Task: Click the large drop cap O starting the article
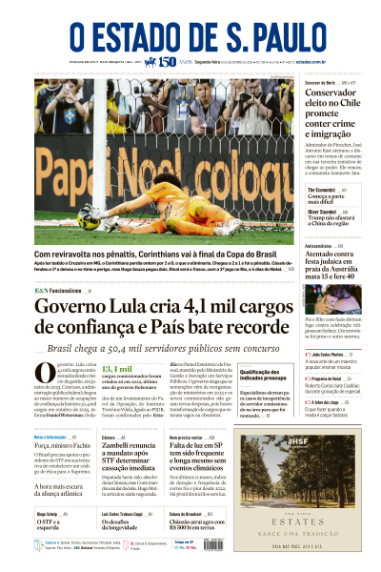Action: (x=44, y=378)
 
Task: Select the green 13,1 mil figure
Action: (x=117, y=369)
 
